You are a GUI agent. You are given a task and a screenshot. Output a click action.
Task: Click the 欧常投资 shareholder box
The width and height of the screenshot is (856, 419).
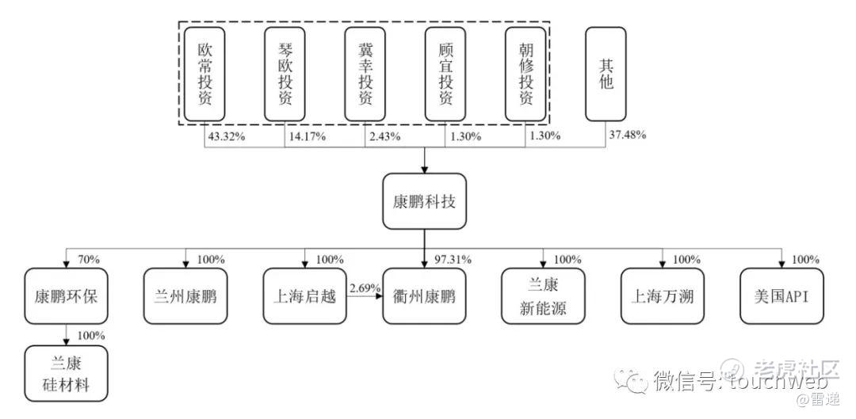click(205, 74)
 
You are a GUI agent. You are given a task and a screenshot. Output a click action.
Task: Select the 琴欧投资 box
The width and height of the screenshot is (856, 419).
click(285, 74)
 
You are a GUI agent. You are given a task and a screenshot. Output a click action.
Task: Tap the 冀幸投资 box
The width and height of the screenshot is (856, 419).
click(365, 74)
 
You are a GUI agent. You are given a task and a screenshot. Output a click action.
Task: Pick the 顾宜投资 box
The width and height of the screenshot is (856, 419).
click(445, 74)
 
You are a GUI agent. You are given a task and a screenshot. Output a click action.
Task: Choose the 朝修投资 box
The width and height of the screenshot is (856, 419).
click(525, 74)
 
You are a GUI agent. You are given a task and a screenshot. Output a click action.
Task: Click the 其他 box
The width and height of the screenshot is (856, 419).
click(606, 74)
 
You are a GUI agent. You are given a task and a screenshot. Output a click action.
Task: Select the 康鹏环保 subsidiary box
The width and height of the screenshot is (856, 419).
click(66, 296)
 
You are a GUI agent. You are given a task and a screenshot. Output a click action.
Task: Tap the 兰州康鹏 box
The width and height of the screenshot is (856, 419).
click(185, 296)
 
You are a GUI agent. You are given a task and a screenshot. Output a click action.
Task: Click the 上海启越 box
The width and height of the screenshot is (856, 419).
click(305, 296)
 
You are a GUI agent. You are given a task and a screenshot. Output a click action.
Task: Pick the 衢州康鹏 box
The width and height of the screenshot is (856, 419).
click(425, 296)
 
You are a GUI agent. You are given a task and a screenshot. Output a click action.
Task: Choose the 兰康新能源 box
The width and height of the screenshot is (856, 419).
click(544, 296)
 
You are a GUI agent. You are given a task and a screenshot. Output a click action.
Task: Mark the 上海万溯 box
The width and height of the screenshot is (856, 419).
click(663, 296)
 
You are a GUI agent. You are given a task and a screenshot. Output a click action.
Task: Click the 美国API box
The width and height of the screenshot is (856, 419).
click(781, 296)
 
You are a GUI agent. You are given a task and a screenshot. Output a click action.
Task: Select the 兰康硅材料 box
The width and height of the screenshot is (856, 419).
click(66, 373)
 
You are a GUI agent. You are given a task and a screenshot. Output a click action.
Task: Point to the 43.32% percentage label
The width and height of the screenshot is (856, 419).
click(225, 135)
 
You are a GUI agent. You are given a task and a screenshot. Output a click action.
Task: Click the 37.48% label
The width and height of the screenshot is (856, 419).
click(628, 135)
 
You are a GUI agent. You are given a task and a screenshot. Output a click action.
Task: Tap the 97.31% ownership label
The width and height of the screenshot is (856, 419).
click(454, 260)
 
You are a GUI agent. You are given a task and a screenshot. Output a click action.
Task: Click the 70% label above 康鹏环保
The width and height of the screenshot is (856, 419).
click(89, 259)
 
